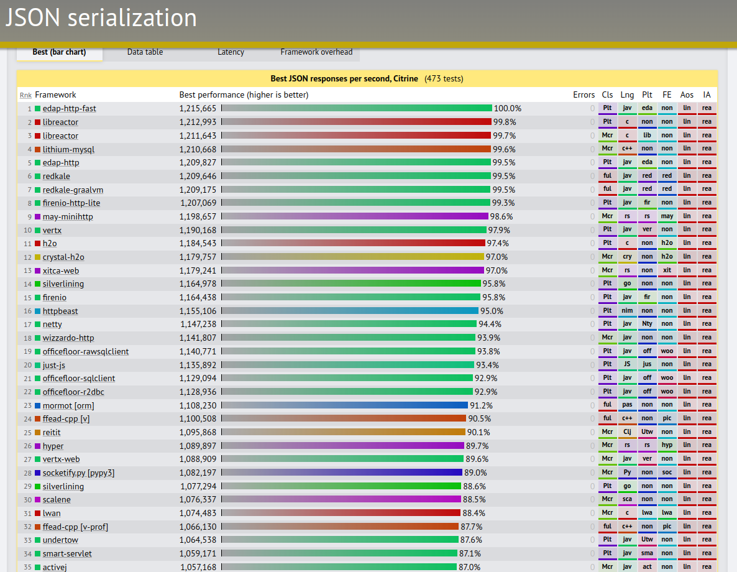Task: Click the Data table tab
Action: point(145,52)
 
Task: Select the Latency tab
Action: point(231,52)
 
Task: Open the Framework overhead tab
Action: point(316,52)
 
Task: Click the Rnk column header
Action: point(25,95)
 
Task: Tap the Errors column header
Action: point(584,95)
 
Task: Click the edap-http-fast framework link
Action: point(69,109)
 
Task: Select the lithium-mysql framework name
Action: point(68,149)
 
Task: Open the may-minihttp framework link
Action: point(68,217)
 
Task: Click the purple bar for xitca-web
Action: point(352,270)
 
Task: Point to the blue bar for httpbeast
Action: point(350,311)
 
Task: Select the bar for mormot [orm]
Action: point(344,405)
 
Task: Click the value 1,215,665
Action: point(198,109)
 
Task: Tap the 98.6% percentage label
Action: point(501,217)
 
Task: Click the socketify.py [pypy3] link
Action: point(78,473)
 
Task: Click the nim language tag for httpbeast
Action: point(628,311)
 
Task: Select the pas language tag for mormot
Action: point(628,405)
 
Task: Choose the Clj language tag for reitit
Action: point(628,432)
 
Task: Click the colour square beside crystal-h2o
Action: point(38,257)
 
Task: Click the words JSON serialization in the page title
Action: point(101,18)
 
